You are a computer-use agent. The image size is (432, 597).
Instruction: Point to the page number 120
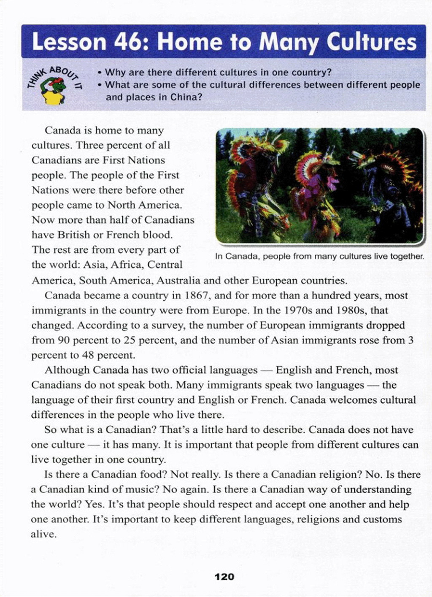224,576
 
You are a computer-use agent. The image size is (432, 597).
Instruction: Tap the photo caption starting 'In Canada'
319,256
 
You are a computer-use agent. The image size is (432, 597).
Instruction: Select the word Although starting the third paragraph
67,370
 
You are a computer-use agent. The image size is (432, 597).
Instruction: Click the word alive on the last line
43,534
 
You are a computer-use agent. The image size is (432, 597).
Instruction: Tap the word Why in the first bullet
113,72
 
